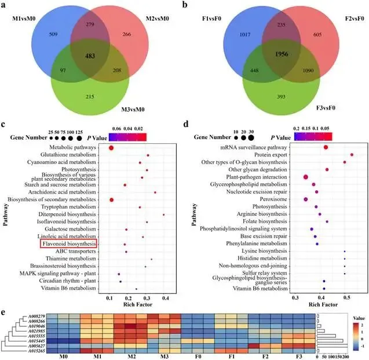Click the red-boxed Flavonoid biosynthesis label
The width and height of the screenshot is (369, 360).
68,245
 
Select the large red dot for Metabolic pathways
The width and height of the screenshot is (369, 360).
111,148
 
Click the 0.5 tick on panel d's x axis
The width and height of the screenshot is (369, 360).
346,296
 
